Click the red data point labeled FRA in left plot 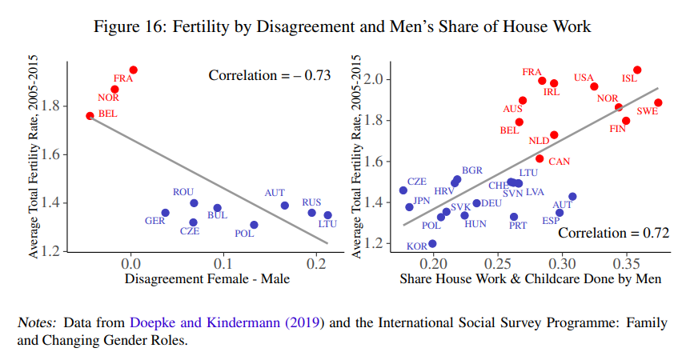[134, 70]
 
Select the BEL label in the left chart [108, 114]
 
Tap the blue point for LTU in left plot [327, 215]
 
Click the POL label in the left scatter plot [244, 234]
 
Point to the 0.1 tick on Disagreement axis [224, 262]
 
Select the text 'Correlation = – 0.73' [270, 76]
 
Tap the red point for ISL [637, 70]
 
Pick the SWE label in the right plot [648, 111]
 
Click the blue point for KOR [432, 244]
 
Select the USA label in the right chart [584, 77]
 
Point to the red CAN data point [540, 158]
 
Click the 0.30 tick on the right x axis [563, 262]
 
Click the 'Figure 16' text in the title [128, 27]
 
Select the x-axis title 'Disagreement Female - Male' [207, 278]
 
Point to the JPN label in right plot [421, 201]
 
